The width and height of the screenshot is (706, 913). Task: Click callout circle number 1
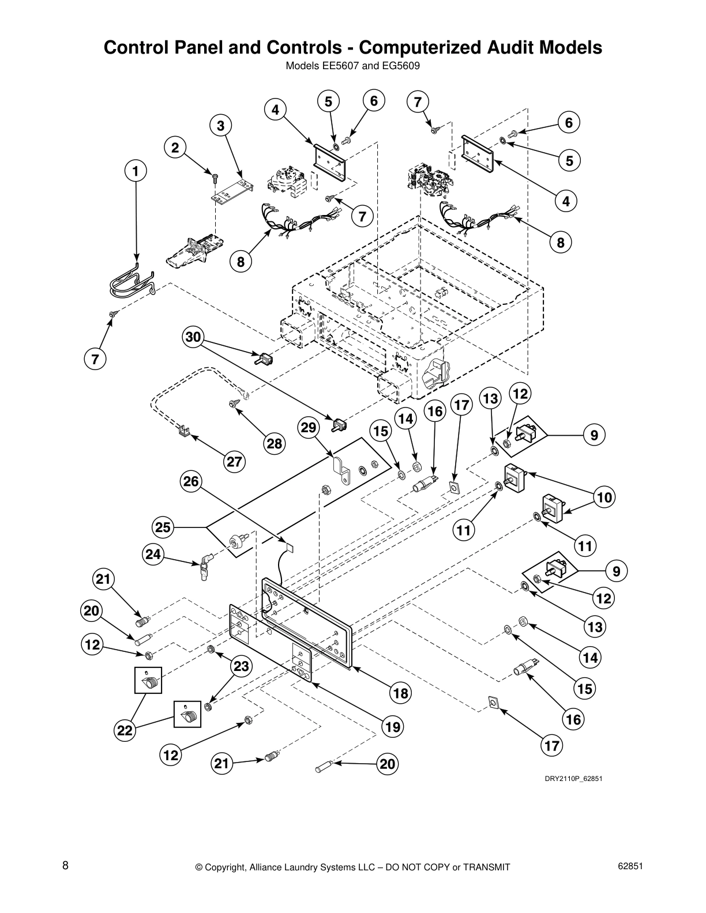pyautogui.click(x=136, y=171)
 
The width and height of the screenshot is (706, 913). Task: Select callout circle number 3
pyautogui.click(x=220, y=125)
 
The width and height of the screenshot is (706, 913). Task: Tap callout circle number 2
pyautogui.click(x=175, y=148)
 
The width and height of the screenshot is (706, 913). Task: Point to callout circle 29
pyautogui.click(x=309, y=428)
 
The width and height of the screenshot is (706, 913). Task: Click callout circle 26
pyautogui.click(x=191, y=481)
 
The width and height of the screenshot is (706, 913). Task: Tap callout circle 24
pyautogui.click(x=153, y=554)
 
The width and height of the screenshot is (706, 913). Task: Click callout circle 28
pyautogui.click(x=275, y=443)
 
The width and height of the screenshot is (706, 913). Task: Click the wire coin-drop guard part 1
pyautogui.click(x=132, y=282)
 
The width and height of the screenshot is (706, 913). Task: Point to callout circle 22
pyautogui.click(x=124, y=731)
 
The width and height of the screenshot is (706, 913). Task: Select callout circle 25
pyautogui.click(x=163, y=527)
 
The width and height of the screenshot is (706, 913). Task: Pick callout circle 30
pyautogui.click(x=194, y=337)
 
